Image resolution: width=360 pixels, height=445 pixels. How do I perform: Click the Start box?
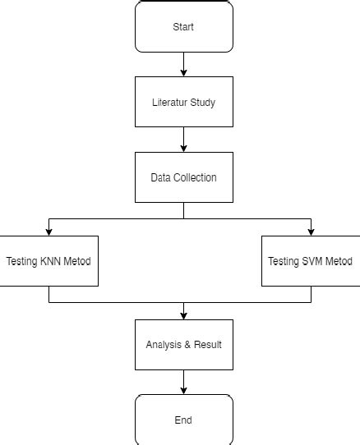[x=183, y=27]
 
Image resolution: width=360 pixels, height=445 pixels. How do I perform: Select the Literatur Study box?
[x=183, y=102]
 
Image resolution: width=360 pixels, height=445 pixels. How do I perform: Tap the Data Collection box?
[x=183, y=177]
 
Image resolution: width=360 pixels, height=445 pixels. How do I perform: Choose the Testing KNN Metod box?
[x=49, y=261]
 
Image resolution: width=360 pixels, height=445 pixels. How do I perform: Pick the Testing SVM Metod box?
[x=311, y=261]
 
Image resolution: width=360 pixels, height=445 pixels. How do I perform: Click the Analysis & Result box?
[x=183, y=344]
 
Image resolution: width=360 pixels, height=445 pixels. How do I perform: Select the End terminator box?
[x=183, y=420]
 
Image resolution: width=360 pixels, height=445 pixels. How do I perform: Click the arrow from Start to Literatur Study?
[x=183, y=64]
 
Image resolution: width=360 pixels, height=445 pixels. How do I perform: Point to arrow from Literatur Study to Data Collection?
[x=183, y=140]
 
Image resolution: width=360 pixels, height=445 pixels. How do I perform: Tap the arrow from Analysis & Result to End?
[x=183, y=382]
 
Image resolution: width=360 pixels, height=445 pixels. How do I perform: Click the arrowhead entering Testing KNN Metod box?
[x=49, y=232]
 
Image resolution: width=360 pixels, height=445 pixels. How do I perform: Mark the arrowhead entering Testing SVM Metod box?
[x=311, y=232]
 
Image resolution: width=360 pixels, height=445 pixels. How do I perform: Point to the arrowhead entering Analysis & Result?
[x=183, y=314]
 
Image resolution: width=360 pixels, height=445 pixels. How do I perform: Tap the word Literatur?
[x=170, y=103]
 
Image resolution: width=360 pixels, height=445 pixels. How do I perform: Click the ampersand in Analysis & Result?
[x=187, y=345]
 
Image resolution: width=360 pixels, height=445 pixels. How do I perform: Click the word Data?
[x=159, y=177]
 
